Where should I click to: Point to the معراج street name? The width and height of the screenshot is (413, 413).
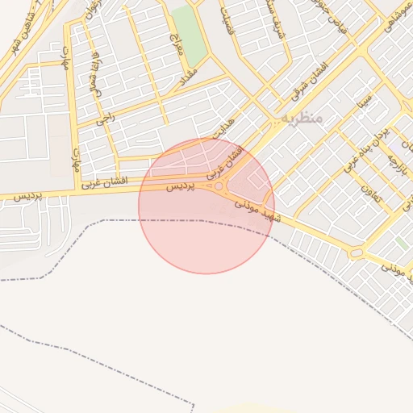point(177,44)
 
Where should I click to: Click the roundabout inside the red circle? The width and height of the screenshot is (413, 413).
point(219,186)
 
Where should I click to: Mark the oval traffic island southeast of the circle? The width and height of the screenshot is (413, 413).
point(356,253)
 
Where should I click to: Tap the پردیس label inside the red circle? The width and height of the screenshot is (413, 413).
point(181,186)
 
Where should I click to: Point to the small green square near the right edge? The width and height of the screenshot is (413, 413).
point(401,243)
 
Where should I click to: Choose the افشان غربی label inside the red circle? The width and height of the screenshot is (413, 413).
point(224,161)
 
